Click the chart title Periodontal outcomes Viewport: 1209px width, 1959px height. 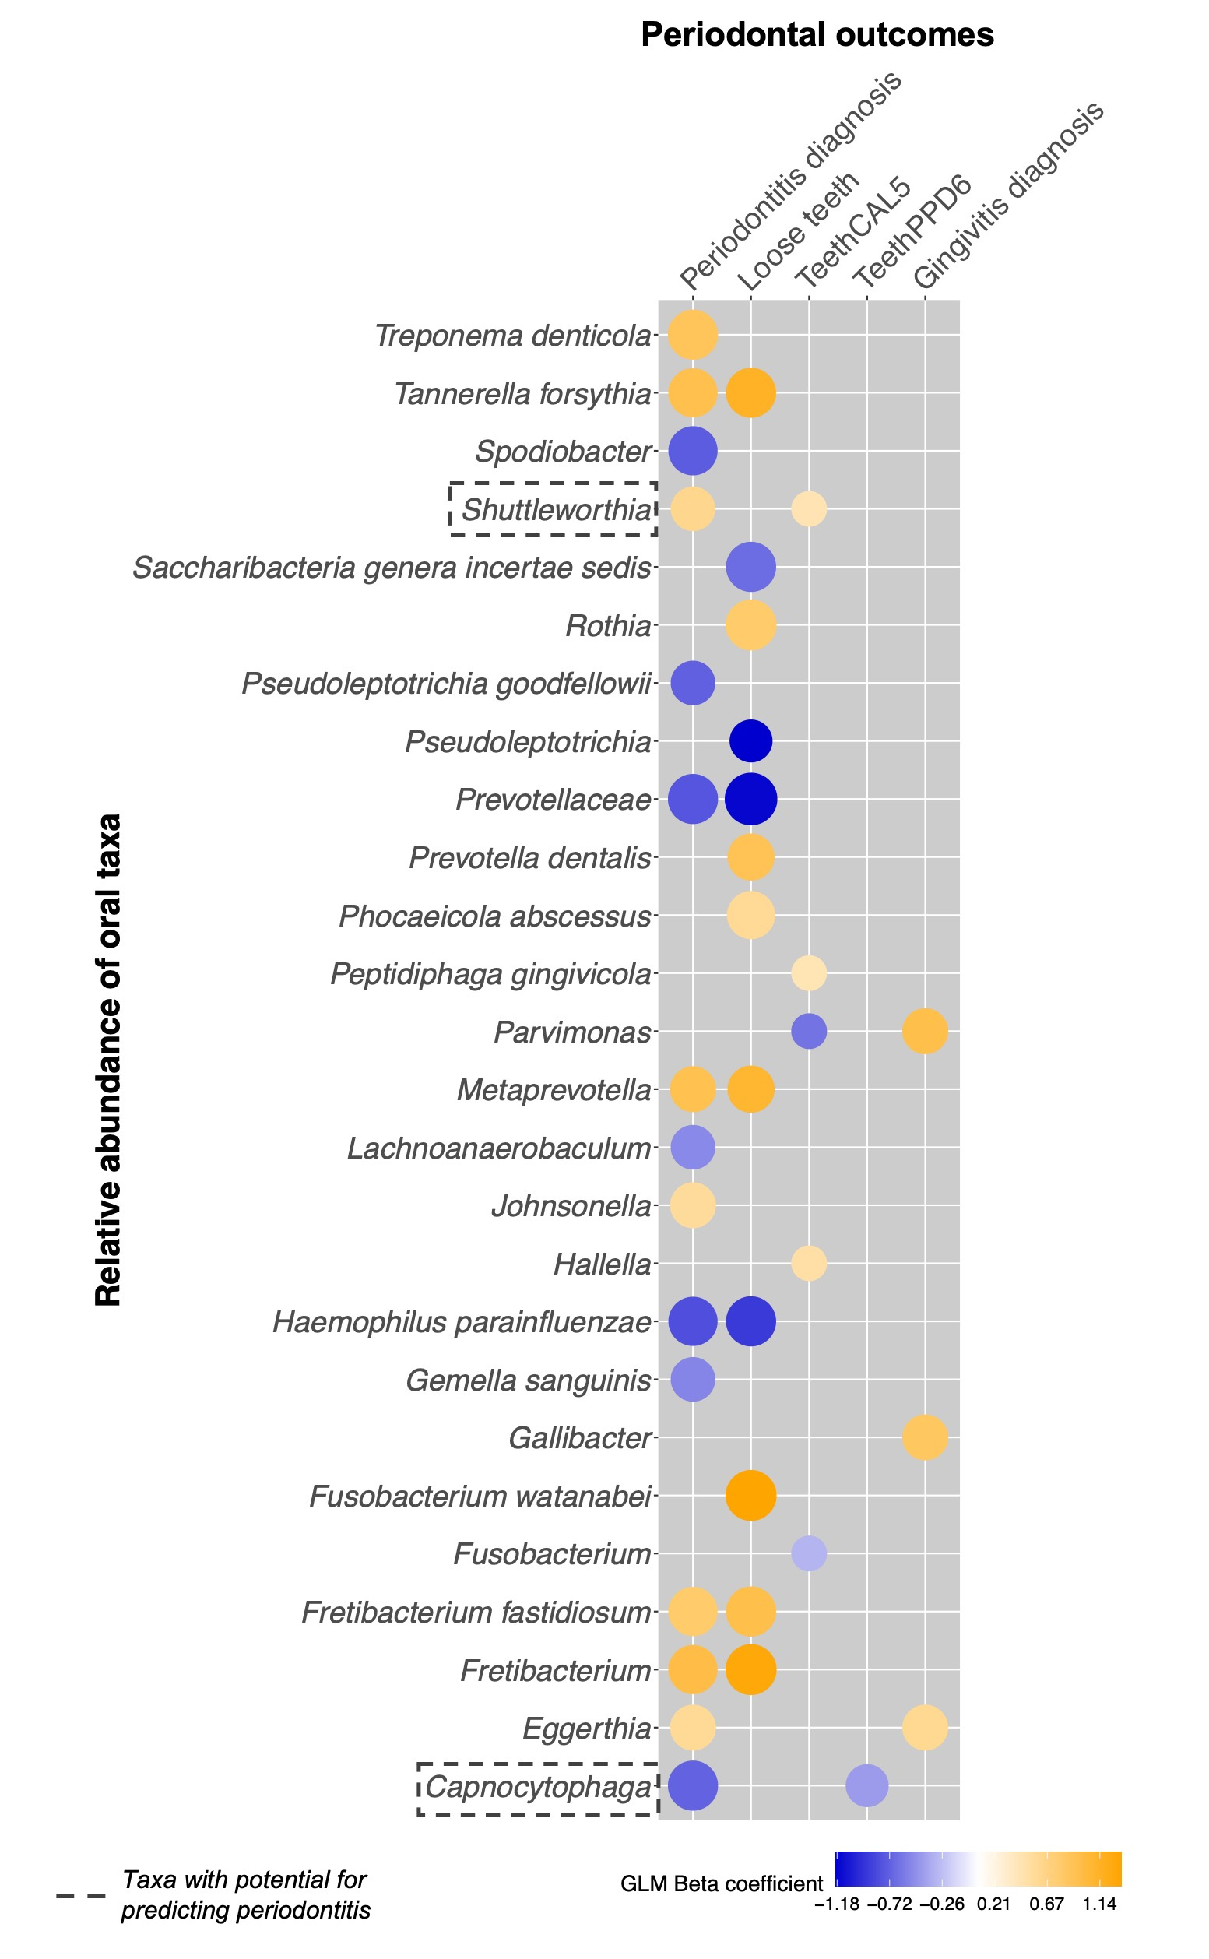tap(817, 35)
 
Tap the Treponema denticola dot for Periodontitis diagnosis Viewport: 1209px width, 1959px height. tap(692, 335)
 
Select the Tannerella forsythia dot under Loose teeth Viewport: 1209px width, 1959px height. tap(750, 392)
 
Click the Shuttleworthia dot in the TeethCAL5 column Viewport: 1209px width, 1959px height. tap(808, 509)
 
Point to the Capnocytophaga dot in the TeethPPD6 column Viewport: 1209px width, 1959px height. tap(866, 1785)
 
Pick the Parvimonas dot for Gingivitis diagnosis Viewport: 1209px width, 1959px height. tap(925, 1032)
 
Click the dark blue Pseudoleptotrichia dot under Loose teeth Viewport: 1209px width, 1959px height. tap(750, 741)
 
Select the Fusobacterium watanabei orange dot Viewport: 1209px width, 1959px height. tap(750, 1495)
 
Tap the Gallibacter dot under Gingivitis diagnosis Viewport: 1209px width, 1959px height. tap(925, 1437)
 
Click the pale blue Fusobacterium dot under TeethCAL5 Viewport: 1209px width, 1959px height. tap(808, 1553)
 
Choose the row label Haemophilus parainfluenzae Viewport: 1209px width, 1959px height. tap(462, 1323)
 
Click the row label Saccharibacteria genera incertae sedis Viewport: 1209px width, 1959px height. tap(392, 568)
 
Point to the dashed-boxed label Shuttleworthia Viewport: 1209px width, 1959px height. tap(556, 509)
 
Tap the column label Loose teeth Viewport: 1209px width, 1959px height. tap(798, 232)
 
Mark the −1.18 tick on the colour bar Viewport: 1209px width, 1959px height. tap(836, 1904)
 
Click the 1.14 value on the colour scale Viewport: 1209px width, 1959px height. tap(1099, 1904)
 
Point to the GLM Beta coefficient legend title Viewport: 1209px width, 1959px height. tap(721, 1884)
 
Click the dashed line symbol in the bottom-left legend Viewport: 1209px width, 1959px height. tap(81, 1895)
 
